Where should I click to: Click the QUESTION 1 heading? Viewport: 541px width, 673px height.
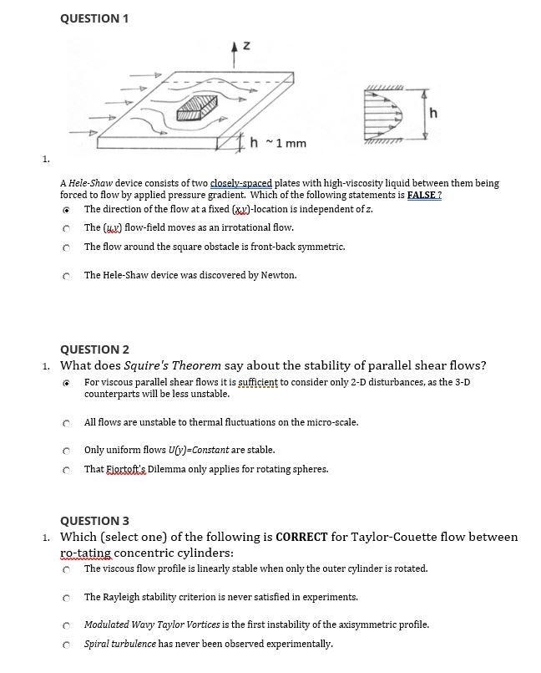[94, 18]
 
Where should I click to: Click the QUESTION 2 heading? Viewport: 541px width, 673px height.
[94, 349]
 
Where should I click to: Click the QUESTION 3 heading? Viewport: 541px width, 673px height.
[94, 521]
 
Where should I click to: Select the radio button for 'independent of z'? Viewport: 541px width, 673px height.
[64, 210]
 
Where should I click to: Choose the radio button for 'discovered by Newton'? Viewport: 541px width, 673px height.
[64, 275]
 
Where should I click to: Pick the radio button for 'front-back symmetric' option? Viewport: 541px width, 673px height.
[64, 247]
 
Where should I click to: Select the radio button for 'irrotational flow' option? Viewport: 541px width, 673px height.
[64, 228]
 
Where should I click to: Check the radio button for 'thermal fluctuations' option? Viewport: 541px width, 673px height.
[64, 423]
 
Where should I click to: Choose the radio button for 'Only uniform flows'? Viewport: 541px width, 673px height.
[64, 451]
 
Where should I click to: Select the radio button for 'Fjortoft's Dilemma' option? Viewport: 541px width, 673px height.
[64, 470]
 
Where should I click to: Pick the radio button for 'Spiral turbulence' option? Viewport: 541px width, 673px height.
[64, 645]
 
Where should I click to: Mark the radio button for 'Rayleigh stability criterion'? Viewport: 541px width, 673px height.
[64, 598]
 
